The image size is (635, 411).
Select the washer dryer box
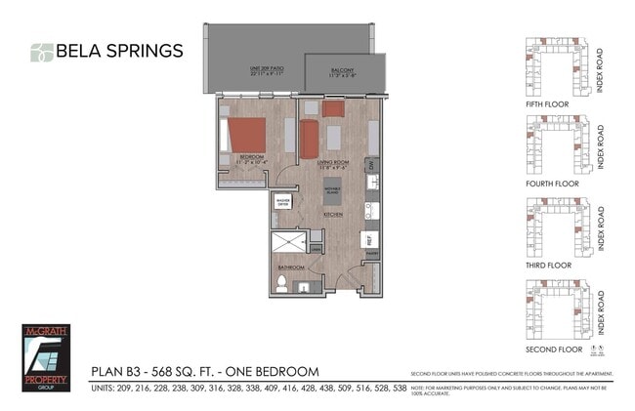tap(283, 203)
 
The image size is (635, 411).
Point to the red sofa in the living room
tap(310, 139)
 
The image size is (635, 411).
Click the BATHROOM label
tap(291, 267)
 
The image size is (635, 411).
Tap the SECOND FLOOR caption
tap(553, 349)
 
